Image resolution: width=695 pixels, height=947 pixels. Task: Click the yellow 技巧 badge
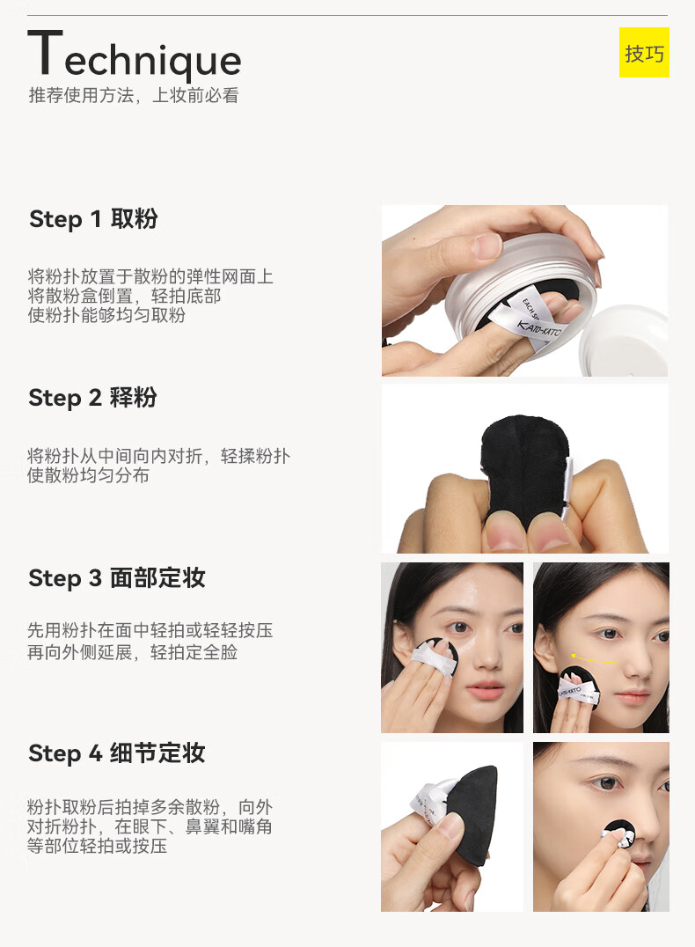click(x=644, y=53)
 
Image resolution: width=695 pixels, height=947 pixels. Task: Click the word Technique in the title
click(x=134, y=55)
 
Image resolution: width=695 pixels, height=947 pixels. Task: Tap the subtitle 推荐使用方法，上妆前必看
click(x=134, y=95)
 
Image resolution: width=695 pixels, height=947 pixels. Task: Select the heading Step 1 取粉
click(x=93, y=218)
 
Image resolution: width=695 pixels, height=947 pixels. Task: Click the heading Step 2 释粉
click(x=92, y=398)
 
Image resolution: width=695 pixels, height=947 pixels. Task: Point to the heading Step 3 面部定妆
click(x=116, y=578)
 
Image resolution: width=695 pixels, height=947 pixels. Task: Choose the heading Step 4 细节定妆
click(x=116, y=753)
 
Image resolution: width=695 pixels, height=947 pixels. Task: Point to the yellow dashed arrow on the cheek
click(x=594, y=658)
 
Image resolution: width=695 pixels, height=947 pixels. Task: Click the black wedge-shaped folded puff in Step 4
click(x=474, y=812)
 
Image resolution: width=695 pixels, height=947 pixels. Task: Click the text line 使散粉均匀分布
click(x=88, y=475)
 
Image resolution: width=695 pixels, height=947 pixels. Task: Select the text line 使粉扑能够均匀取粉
click(x=106, y=315)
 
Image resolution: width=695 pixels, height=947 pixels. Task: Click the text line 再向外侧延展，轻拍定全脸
click(x=132, y=652)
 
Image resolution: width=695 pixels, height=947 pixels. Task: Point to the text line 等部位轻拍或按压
click(x=97, y=846)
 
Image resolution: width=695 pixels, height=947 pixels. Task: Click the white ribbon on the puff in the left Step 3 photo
click(x=434, y=658)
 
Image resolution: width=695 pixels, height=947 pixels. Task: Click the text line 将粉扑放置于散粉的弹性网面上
click(x=150, y=276)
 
